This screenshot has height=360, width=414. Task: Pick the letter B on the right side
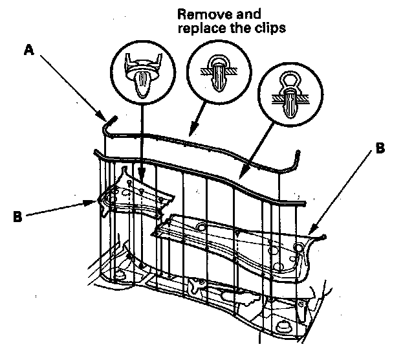point(380,149)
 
